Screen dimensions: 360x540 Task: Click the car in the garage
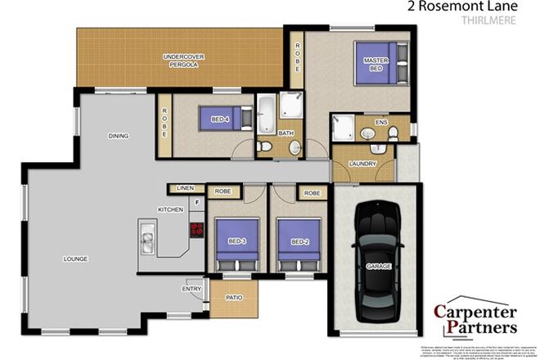tap(377, 260)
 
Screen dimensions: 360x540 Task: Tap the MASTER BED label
tap(376, 65)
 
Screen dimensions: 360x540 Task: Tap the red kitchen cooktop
tap(196, 230)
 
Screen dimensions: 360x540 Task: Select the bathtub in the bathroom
tap(266, 115)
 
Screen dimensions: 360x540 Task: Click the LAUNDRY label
tap(362, 164)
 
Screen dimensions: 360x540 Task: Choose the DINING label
tap(119, 136)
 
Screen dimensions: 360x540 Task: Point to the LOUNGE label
tap(75, 259)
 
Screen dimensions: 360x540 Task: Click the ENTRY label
tap(191, 288)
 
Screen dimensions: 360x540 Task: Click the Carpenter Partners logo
tap(475, 319)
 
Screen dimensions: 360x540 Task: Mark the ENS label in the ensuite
tap(380, 123)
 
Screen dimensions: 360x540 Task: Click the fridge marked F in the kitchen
tap(196, 201)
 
